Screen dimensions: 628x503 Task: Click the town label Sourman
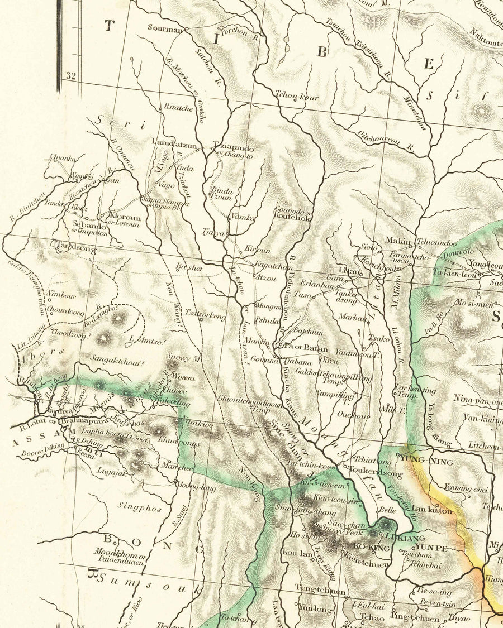[x=165, y=27]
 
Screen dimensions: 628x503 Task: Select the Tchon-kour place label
[x=296, y=97]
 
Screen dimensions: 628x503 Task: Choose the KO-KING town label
[x=371, y=548]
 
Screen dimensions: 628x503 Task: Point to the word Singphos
[x=140, y=508]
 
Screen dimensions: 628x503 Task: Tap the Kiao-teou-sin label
[x=335, y=501]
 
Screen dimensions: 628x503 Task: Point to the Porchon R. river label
[x=239, y=33]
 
